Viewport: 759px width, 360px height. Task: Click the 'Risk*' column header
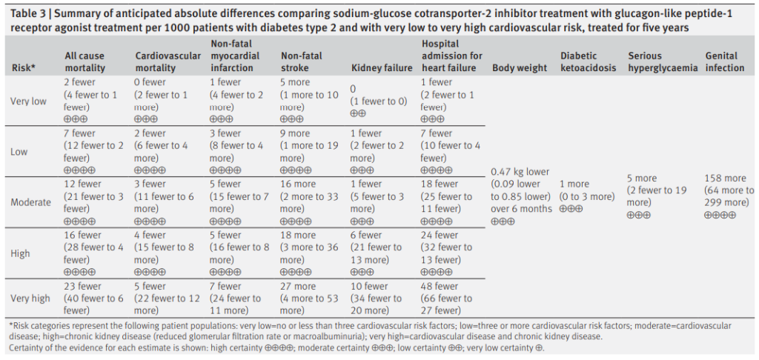(x=24, y=67)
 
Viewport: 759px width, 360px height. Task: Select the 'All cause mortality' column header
(x=84, y=61)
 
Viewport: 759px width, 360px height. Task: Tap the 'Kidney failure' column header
(x=382, y=67)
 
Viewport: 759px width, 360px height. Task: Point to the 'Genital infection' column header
(x=725, y=61)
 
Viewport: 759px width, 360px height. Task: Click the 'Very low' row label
(x=29, y=101)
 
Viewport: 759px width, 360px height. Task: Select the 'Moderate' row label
(x=31, y=202)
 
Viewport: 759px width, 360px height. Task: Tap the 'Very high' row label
(x=30, y=299)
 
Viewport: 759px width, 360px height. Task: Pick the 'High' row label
(x=20, y=253)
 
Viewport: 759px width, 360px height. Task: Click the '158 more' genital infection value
(x=725, y=179)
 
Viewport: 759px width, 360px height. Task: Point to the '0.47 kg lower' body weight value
(x=520, y=172)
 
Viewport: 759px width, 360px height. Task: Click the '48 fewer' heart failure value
(x=440, y=286)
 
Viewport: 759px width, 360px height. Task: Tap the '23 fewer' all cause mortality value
(x=82, y=286)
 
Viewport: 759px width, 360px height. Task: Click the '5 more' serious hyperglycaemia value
(x=642, y=179)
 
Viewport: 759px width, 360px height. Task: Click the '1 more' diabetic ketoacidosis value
(x=574, y=184)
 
